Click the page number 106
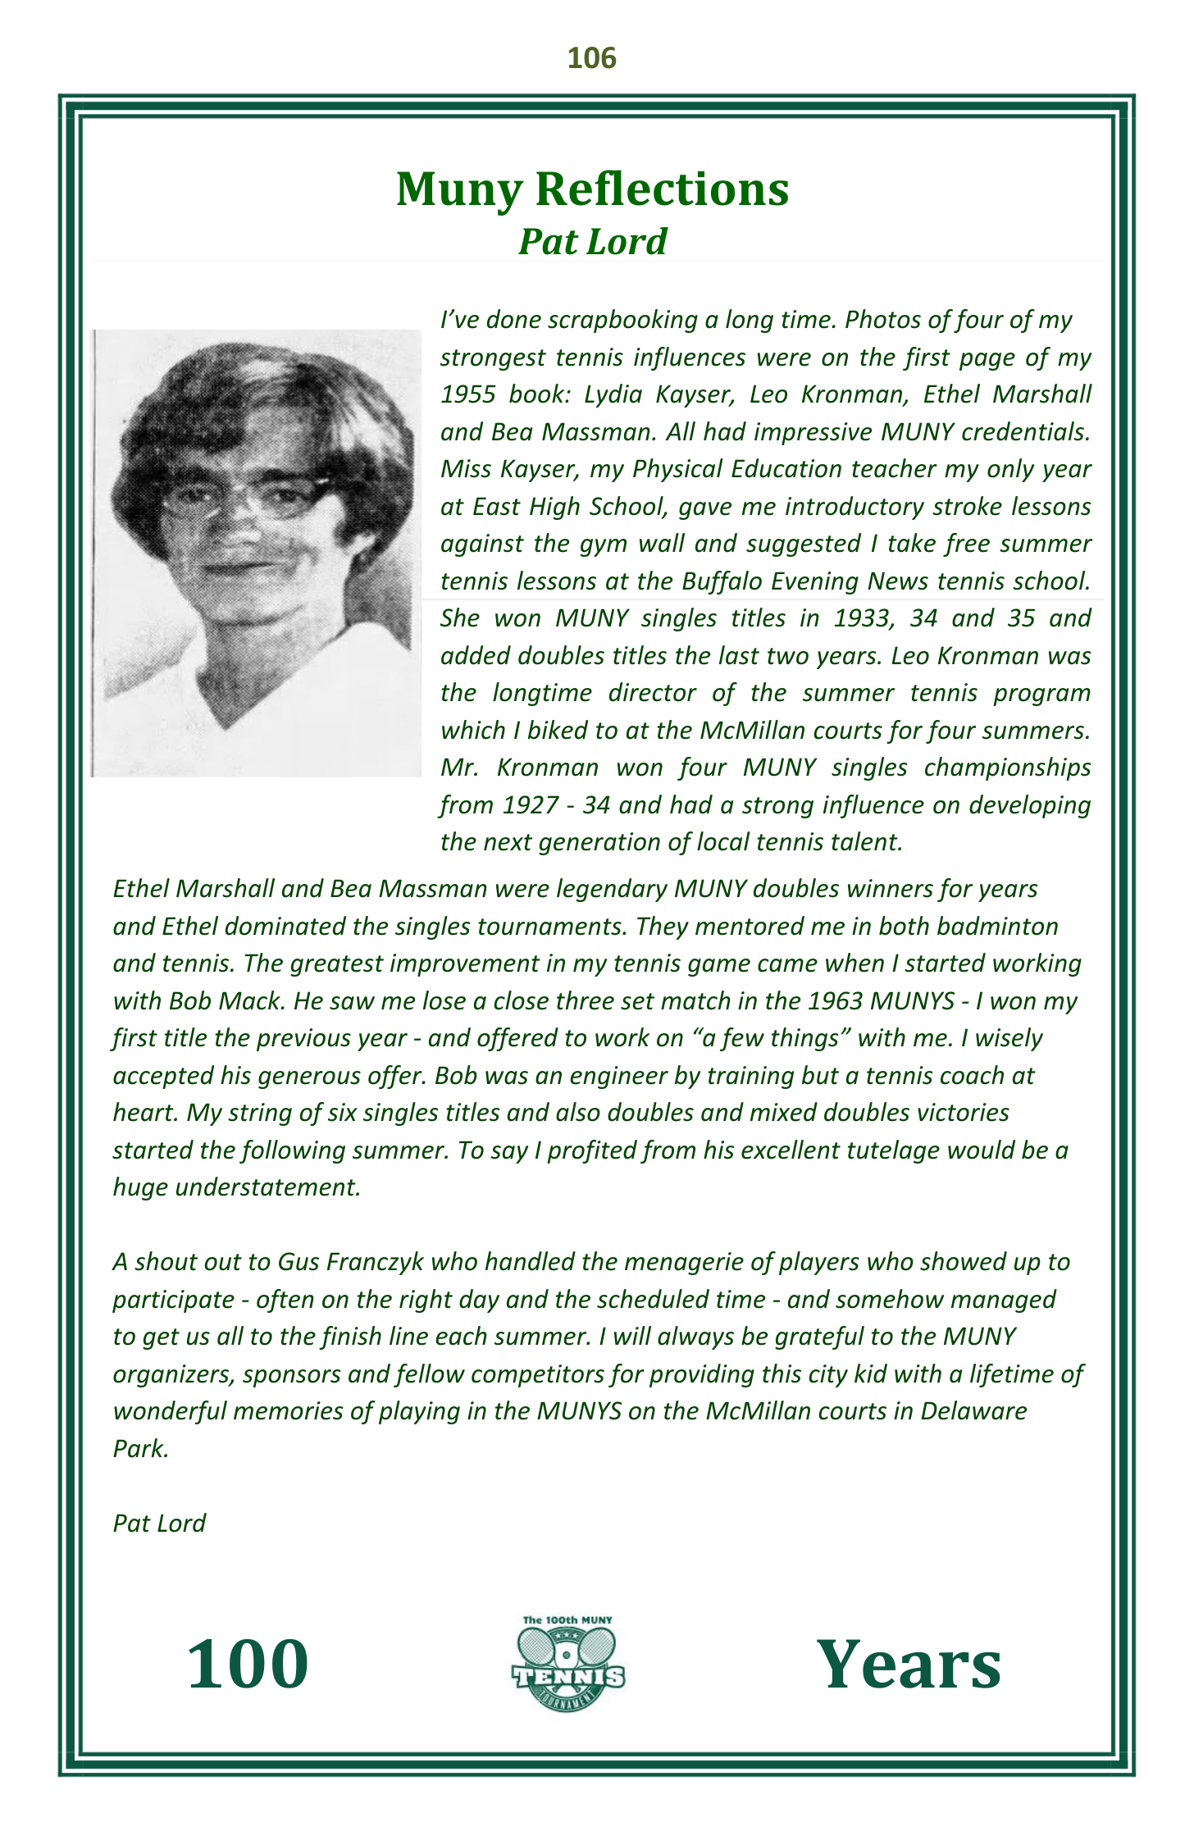pyautogui.click(x=591, y=58)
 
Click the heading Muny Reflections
pyautogui.click(x=592, y=189)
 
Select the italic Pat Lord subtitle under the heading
pyautogui.click(x=592, y=242)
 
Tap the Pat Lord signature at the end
pyautogui.click(x=159, y=1524)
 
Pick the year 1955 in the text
pyautogui.click(x=467, y=394)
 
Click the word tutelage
pyautogui.click(x=886, y=1150)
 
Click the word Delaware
pyautogui.click(x=973, y=1411)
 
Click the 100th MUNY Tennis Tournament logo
pyautogui.click(x=567, y=1664)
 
